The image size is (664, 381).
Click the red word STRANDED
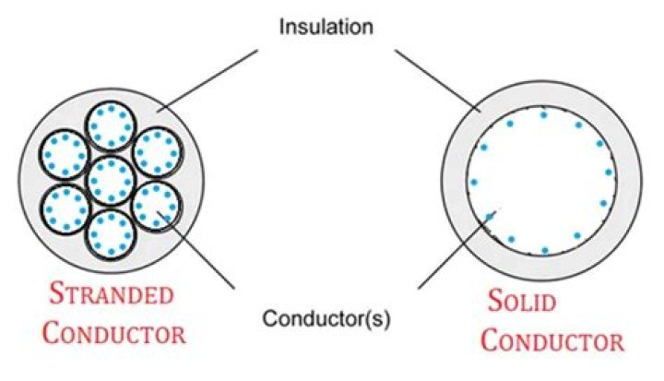pos(111,296)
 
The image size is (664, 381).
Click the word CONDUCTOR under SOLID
pos(553,339)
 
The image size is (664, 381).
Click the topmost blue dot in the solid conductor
pos(543,115)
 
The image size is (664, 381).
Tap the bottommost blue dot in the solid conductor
pos(545,250)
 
